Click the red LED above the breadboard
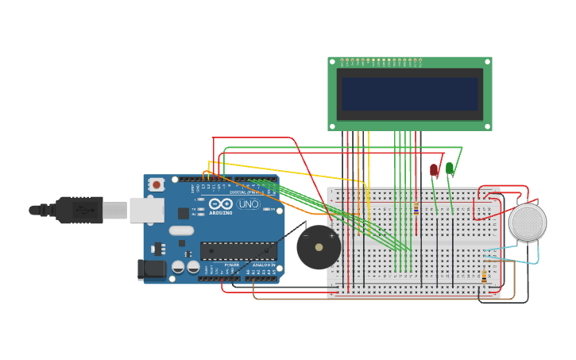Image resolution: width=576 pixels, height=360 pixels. [x=433, y=169]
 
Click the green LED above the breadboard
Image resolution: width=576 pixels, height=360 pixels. [x=450, y=168]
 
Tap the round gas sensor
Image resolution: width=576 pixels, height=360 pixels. [x=528, y=223]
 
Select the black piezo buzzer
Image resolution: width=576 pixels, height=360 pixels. [x=319, y=247]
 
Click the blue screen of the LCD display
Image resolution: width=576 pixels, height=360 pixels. [x=410, y=94]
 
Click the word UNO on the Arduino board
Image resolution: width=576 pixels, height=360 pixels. [x=248, y=204]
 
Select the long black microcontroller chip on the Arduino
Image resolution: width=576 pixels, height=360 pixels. [x=238, y=251]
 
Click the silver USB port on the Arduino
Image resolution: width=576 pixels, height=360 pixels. [x=146, y=210]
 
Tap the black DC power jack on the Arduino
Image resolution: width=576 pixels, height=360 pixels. [x=153, y=269]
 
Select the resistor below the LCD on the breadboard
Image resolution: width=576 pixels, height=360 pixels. [x=416, y=208]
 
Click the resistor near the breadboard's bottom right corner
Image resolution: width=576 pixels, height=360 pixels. [x=485, y=277]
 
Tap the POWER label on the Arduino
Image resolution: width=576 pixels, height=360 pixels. [x=231, y=265]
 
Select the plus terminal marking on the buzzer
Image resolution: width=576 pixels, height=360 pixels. [x=331, y=236]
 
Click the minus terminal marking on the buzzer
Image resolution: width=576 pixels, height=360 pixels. [x=306, y=236]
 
